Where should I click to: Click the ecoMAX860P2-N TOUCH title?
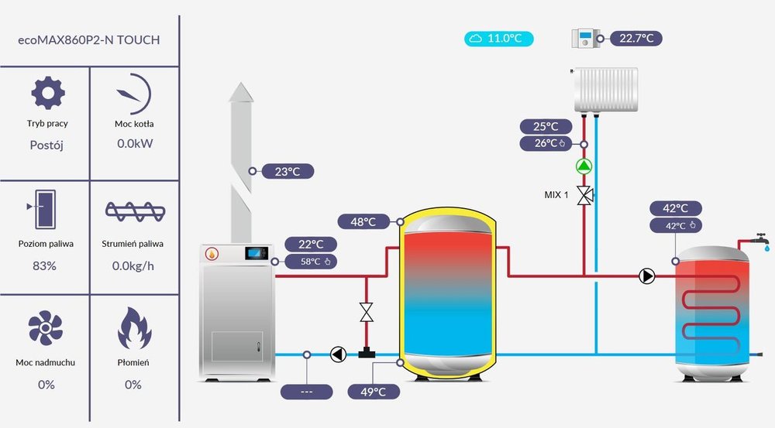pos(88,39)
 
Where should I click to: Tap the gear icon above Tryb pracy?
pos(47,94)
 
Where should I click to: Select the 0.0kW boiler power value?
pos(133,144)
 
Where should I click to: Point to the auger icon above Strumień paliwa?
pos(133,211)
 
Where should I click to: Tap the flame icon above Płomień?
pos(133,330)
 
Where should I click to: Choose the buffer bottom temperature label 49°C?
pos(374,392)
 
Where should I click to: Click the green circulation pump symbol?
pos(584,166)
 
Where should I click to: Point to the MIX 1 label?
pos(556,195)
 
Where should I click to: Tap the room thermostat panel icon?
pos(588,38)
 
